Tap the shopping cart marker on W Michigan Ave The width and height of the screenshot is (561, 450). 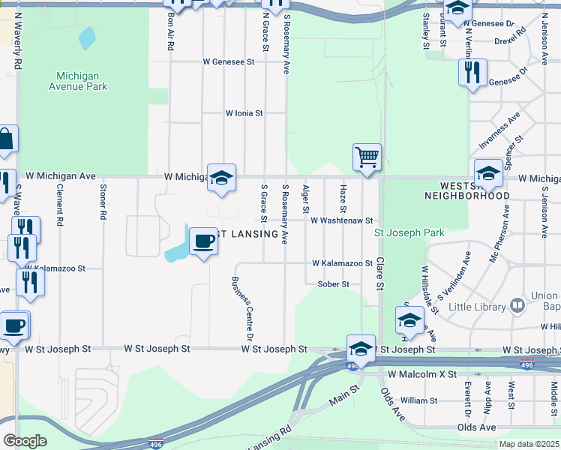tap(367, 157)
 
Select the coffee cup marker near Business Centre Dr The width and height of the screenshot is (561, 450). tap(203, 241)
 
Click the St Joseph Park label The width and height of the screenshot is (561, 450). tap(409, 232)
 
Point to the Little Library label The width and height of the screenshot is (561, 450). tap(477, 307)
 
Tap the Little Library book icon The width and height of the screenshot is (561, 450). tap(517, 305)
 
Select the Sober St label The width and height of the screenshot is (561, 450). tap(334, 284)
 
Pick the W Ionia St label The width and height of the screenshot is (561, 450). tap(244, 113)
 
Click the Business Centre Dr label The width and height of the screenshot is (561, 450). tap(242, 303)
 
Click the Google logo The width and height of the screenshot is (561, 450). tap(25, 440)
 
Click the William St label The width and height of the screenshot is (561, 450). tap(418, 400)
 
